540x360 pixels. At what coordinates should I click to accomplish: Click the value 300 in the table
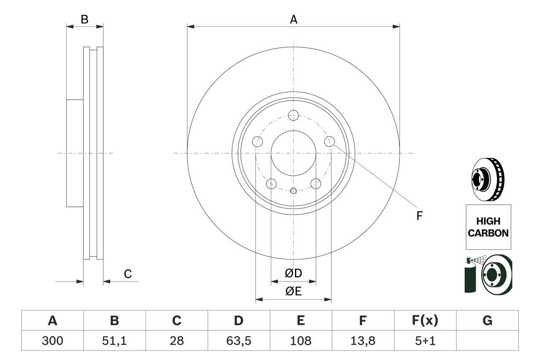52,341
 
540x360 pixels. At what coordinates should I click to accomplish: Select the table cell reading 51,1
114,341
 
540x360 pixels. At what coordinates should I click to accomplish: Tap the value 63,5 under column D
238,341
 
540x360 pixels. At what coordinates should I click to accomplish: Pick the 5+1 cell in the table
425,341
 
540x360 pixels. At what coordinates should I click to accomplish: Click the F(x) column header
425,321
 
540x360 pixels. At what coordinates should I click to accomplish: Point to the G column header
487,321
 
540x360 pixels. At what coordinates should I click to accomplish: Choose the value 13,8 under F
363,341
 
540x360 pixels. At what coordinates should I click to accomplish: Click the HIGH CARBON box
488,227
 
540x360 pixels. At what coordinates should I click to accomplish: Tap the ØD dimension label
293,273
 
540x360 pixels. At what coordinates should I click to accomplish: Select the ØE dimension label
293,292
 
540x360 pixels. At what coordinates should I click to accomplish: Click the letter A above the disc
293,19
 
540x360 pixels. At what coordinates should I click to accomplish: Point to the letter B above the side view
84,19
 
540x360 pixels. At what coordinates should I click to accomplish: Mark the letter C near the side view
128,274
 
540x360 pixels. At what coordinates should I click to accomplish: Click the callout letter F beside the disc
419,216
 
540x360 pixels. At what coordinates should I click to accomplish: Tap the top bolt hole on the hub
293,115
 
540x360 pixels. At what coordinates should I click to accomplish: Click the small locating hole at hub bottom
294,191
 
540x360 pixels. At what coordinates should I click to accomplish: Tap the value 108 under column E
300,341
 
